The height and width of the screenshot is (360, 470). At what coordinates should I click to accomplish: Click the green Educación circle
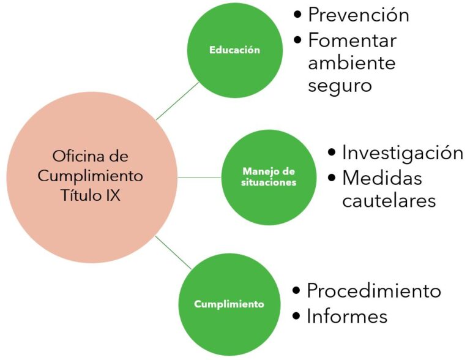coord(235,50)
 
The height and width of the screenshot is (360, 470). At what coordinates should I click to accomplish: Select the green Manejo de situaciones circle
coord(269,178)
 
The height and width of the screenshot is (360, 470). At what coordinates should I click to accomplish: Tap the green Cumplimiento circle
coord(229,304)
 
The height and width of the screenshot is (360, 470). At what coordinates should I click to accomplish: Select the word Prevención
coord(359,15)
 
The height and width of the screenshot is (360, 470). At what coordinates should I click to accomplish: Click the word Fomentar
coord(352,40)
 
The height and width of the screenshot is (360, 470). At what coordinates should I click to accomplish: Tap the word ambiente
coord(352,62)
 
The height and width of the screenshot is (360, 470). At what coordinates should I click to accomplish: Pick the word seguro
coord(340,86)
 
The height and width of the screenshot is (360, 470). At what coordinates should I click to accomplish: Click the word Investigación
coord(403,153)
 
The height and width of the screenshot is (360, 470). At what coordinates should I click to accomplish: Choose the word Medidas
coord(382,178)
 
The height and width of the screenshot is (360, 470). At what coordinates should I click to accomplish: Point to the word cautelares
coord(389,200)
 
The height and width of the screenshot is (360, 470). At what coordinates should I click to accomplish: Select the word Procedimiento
coord(374,291)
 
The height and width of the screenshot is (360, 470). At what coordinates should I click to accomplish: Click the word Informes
coord(347,316)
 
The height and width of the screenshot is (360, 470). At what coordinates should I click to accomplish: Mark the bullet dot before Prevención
coord(297,15)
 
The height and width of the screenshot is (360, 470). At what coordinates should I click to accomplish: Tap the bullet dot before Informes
coord(296,316)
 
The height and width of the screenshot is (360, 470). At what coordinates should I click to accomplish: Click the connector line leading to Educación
coord(177,101)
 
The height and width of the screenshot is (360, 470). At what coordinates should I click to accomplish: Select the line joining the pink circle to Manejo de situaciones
coord(200,178)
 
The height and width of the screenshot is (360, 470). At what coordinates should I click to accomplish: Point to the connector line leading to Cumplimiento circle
coord(173,252)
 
